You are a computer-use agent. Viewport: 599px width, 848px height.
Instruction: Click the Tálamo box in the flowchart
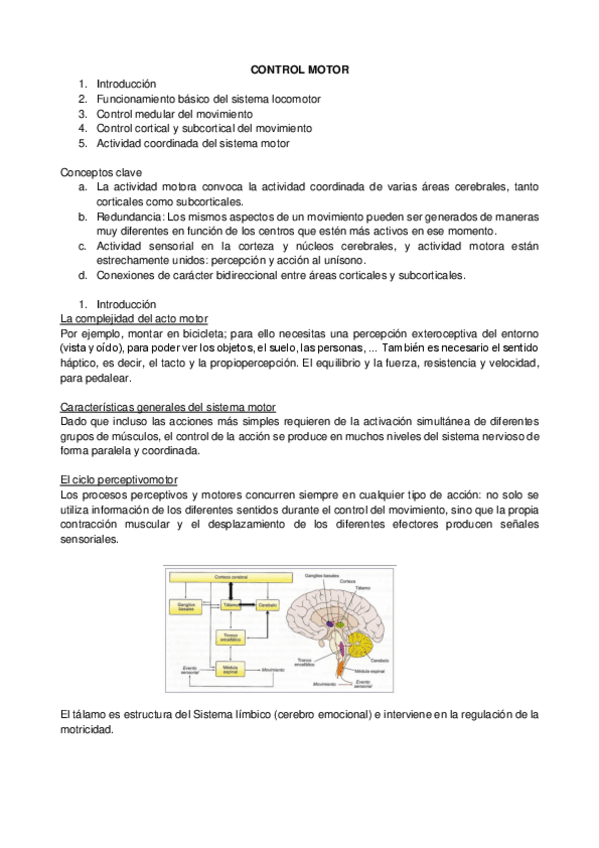[x=230, y=606]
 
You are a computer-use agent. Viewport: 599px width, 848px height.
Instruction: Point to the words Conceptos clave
[x=96, y=172]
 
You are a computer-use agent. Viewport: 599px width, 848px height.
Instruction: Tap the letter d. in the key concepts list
[x=82, y=274]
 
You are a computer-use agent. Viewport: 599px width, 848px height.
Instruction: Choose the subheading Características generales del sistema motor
[x=168, y=408]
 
